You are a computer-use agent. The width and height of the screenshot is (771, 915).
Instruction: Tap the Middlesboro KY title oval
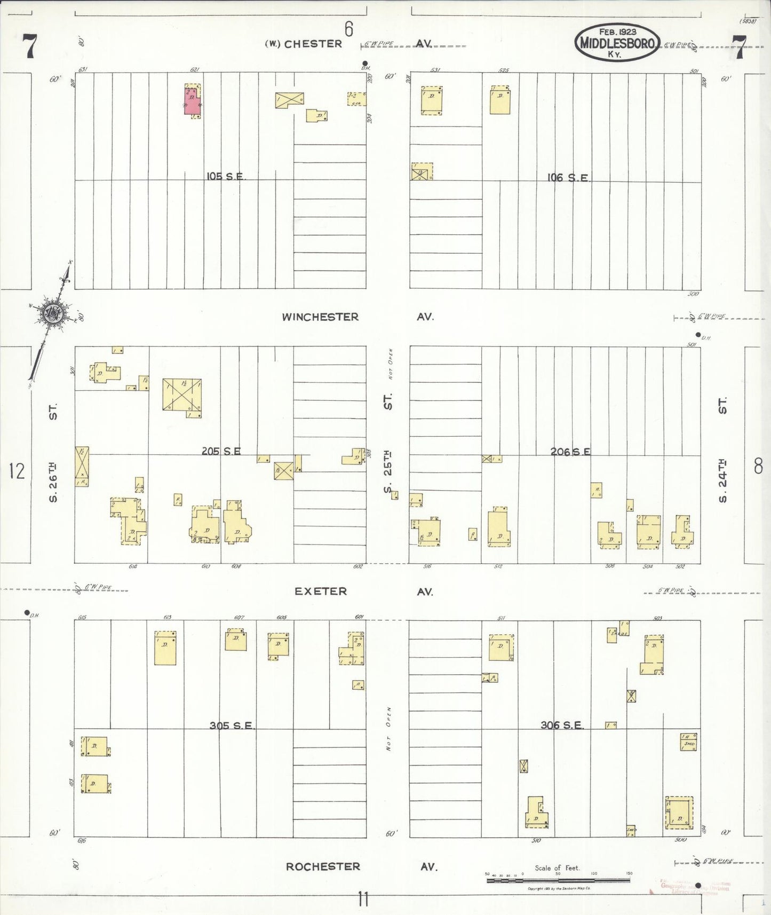(617, 42)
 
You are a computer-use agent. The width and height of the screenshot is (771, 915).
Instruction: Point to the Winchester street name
(320, 317)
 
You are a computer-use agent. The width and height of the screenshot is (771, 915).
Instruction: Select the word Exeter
(321, 591)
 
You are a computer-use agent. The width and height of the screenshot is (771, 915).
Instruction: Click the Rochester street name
(323, 866)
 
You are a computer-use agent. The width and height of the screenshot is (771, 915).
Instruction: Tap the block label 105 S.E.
(226, 177)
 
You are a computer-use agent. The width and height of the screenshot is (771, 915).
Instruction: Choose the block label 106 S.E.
(569, 178)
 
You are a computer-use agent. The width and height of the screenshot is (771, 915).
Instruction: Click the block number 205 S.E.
(221, 452)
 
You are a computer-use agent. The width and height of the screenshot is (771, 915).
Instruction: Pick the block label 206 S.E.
(570, 452)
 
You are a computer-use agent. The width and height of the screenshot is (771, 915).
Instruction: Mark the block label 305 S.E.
(232, 725)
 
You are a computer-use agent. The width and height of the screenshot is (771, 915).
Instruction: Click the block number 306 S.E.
(562, 725)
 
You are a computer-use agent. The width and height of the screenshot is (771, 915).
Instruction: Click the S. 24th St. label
(722, 450)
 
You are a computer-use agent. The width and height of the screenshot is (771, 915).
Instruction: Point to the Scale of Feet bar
(558, 879)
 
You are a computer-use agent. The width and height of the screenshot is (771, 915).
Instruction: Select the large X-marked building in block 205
(182, 395)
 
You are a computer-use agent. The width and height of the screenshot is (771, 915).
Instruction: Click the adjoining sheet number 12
(17, 471)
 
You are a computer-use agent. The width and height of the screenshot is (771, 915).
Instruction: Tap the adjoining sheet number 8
(758, 467)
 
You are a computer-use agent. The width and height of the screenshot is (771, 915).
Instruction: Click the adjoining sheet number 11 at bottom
(363, 900)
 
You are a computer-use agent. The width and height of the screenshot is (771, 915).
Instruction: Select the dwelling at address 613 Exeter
(165, 648)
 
